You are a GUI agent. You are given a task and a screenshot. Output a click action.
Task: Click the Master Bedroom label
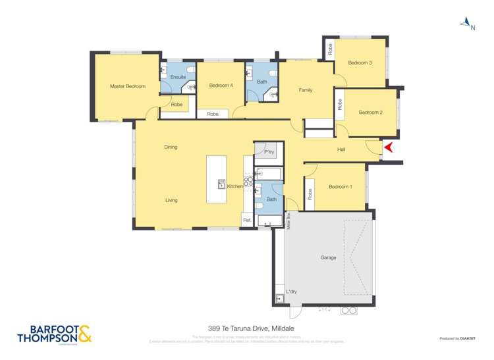click(x=127, y=86)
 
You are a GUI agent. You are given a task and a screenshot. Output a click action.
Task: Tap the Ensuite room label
click(x=178, y=78)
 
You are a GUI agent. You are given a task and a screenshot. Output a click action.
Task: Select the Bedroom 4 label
click(x=221, y=86)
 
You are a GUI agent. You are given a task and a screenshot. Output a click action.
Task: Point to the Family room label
click(x=305, y=90)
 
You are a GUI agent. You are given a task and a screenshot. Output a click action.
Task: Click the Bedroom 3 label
click(x=360, y=63)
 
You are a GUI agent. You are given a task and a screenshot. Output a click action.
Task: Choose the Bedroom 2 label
click(x=370, y=113)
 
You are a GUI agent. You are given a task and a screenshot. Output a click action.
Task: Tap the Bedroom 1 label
click(x=340, y=187)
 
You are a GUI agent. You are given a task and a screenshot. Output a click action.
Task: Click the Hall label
click(x=341, y=149)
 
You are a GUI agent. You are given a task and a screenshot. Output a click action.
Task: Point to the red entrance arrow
click(x=389, y=148)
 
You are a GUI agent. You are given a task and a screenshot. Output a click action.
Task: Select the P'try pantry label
click(x=269, y=153)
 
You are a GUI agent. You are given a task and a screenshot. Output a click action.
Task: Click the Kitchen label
click(x=235, y=187)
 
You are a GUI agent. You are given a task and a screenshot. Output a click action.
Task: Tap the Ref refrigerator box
click(x=247, y=220)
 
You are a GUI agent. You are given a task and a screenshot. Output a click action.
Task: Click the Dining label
click(x=171, y=147)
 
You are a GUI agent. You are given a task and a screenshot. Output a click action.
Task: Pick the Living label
click(x=171, y=201)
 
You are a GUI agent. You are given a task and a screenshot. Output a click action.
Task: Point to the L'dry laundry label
click(x=290, y=292)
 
